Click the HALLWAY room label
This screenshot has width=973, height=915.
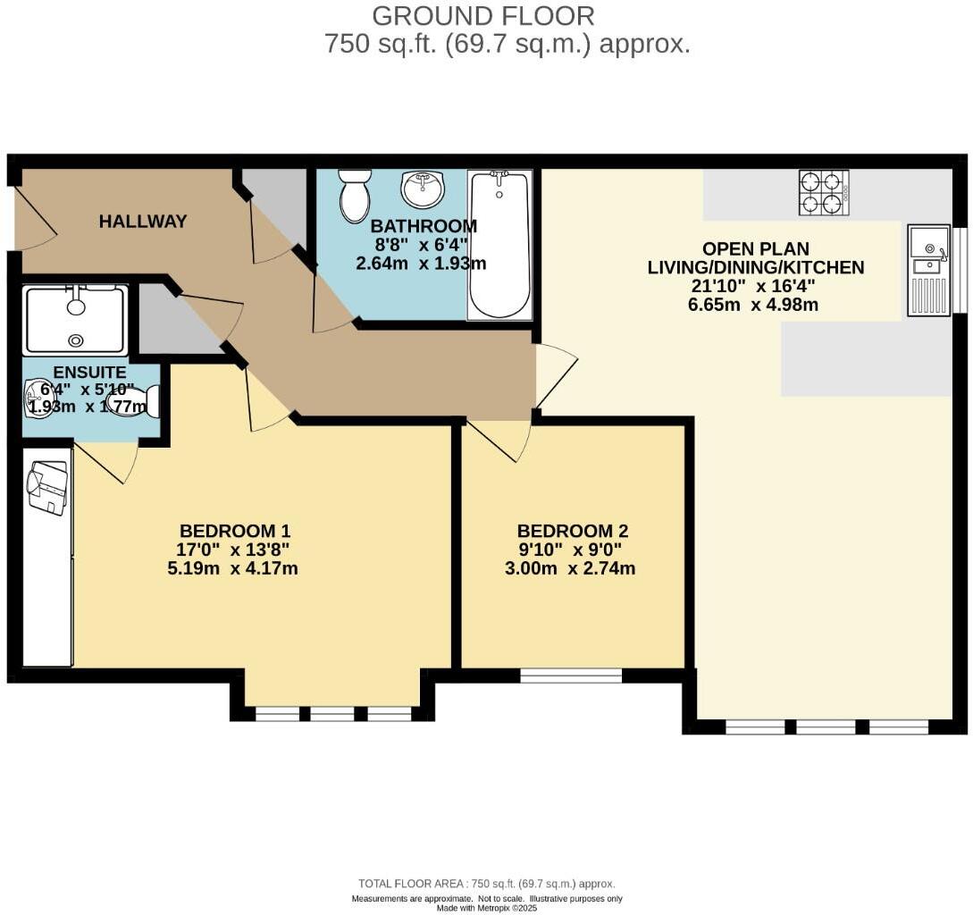click(143, 222)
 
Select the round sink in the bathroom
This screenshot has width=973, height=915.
click(424, 189)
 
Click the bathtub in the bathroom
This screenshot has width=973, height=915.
click(499, 245)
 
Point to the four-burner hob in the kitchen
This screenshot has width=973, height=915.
click(824, 193)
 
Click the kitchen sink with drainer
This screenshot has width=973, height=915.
click(929, 270)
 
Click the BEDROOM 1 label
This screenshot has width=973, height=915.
click(235, 532)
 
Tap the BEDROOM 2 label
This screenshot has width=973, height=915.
click(572, 532)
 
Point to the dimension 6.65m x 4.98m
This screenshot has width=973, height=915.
click(752, 305)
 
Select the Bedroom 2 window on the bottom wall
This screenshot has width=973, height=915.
click(571, 676)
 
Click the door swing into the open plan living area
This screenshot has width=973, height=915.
click(556, 375)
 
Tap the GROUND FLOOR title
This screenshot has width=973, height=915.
click(482, 16)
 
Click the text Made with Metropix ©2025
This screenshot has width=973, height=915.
click(486, 908)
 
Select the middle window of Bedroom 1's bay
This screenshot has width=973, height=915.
click(332, 714)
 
